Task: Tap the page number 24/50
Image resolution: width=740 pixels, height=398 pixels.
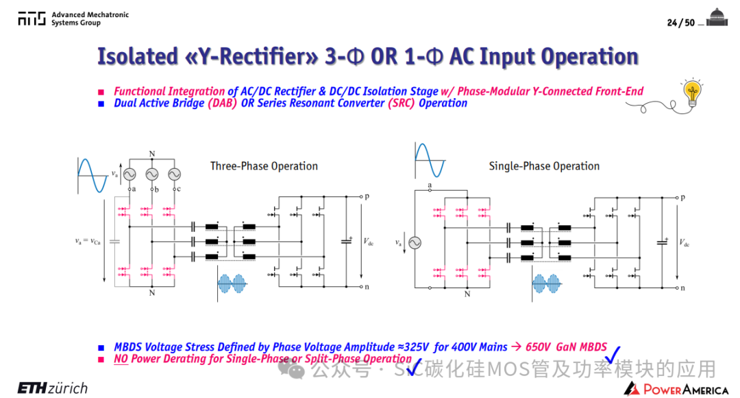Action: point(680,23)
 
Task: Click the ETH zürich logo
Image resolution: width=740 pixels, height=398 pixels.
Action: point(52,388)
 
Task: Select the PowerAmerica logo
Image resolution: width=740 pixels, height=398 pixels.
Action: point(676,389)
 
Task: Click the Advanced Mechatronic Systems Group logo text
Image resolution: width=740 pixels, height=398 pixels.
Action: point(90,19)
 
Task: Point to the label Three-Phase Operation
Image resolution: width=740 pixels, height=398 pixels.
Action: point(264,166)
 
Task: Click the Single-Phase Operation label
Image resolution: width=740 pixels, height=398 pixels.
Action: point(544,166)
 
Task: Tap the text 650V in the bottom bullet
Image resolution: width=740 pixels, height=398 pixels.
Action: point(538,347)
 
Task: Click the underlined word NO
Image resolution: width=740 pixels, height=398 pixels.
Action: point(121,359)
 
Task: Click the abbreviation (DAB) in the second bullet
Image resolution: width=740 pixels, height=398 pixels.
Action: point(222,103)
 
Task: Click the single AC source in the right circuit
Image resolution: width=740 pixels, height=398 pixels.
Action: point(415,243)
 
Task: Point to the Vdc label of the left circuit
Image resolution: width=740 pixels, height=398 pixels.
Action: point(368,242)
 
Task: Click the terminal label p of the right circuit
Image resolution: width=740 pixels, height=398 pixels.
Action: point(683,198)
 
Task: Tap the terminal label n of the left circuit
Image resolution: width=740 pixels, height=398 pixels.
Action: point(367,287)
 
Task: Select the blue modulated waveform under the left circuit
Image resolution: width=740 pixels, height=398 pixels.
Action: point(232,283)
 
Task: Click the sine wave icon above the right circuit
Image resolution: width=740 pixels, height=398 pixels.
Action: point(430,161)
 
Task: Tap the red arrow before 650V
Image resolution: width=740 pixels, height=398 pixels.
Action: point(517,347)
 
